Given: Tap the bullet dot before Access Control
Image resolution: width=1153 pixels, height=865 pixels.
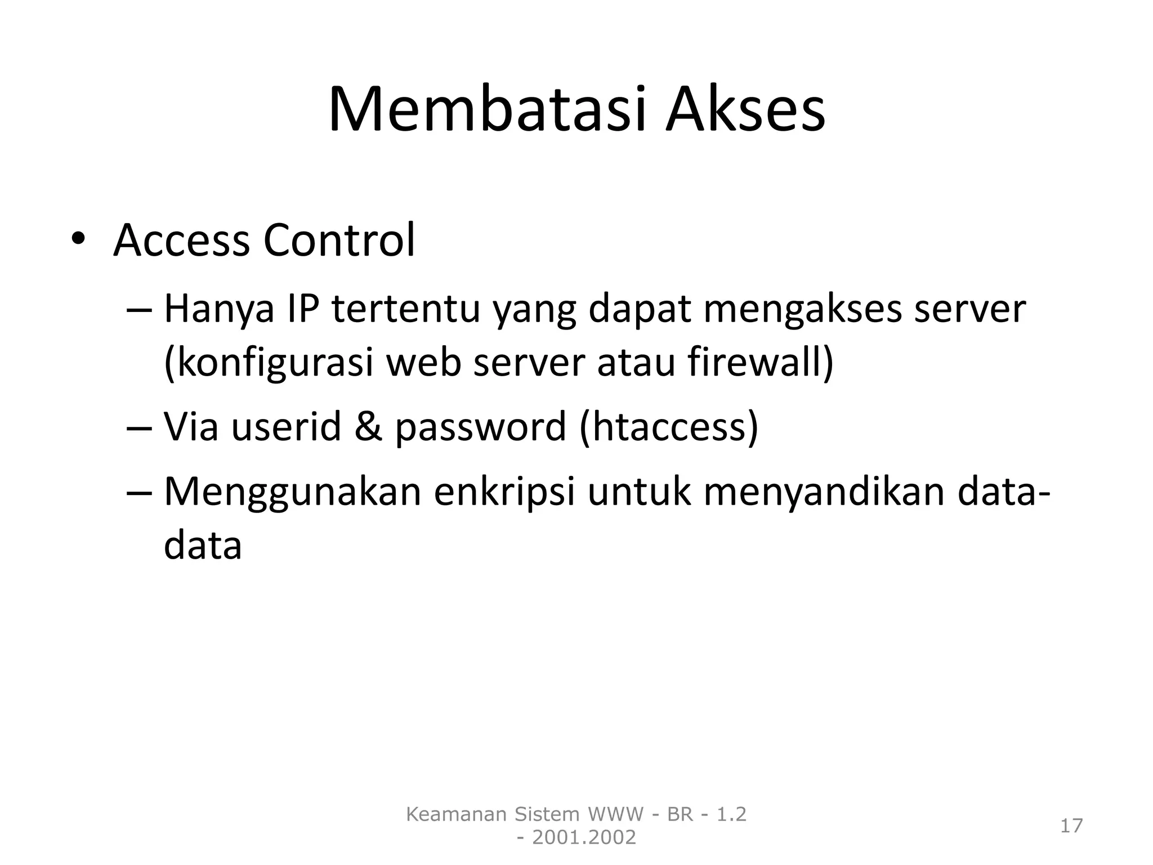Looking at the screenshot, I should tap(78, 240).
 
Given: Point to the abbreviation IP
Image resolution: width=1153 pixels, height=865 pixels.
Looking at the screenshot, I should tap(303, 309).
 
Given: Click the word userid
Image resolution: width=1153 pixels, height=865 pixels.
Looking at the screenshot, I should tap(286, 426).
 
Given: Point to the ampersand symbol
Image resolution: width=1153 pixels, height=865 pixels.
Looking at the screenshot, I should tap(369, 426).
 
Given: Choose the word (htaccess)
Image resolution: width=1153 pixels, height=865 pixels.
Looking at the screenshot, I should tap(669, 426).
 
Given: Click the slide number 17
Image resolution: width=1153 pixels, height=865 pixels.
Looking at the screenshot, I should tap(1071, 826).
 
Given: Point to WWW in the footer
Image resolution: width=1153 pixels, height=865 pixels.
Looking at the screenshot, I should tap(615, 814).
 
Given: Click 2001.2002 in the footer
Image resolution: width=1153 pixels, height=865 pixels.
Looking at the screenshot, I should tap(584, 838).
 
